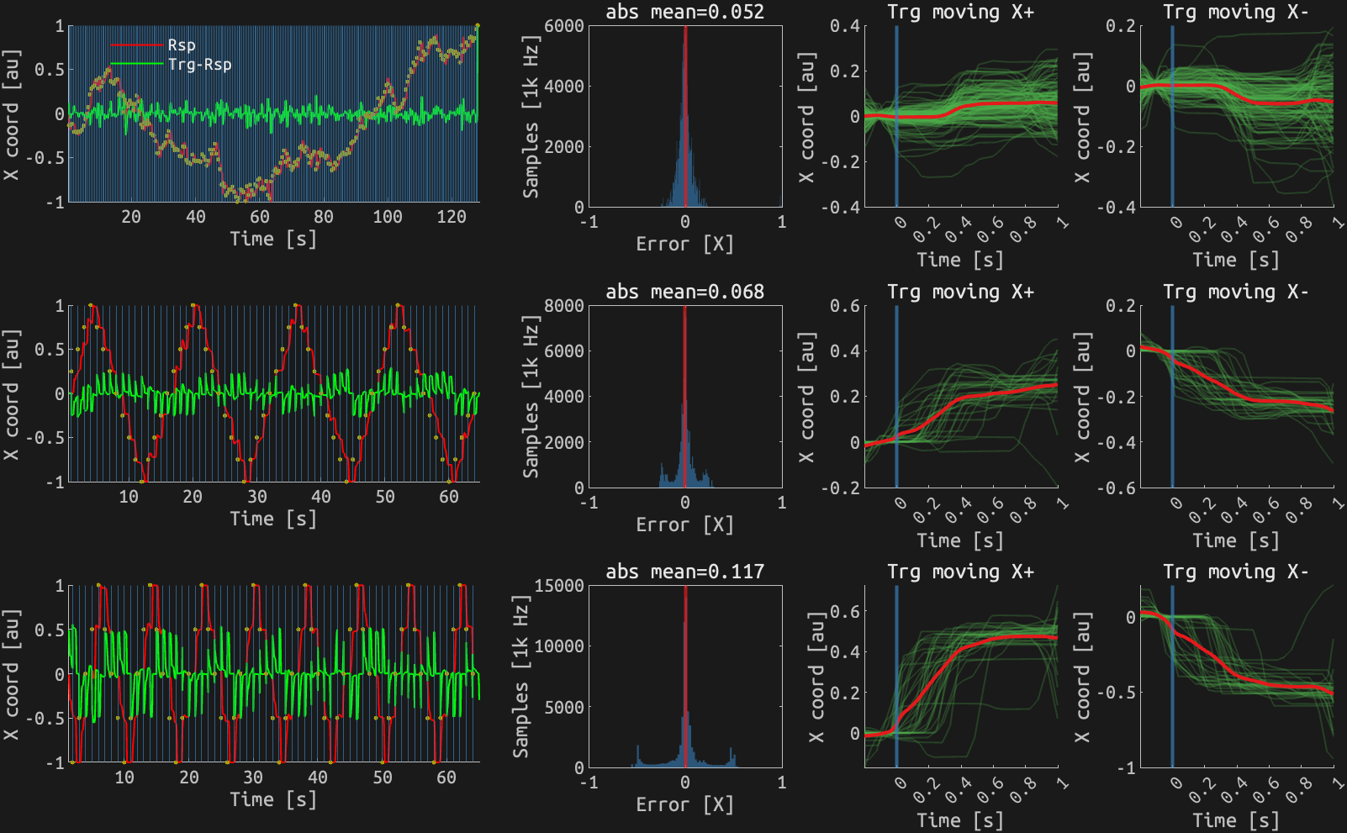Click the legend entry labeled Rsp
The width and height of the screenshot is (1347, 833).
click(181, 45)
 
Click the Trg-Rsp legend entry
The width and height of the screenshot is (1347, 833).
click(199, 65)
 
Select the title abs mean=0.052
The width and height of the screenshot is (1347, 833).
click(684, 12)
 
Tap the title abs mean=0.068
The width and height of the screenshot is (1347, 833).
click(684, 292)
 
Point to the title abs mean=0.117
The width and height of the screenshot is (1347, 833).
click(684, 572)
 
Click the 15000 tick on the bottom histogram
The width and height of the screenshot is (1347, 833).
click(559, 586)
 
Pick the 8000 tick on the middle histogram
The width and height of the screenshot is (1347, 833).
click(563, 306)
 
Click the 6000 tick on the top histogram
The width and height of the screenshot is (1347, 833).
click(563, 26)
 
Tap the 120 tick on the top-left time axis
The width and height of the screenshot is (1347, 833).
click(452, 217)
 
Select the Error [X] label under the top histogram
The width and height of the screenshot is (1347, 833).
click(684, 244)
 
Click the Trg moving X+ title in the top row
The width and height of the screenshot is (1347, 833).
click(960, 12)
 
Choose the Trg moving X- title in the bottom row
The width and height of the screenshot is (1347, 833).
click(1236, 572)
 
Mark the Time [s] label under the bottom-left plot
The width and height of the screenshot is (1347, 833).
click(274, 799)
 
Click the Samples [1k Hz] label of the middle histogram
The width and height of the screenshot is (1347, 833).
click(531, 397)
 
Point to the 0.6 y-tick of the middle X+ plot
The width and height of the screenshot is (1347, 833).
click(844, 306)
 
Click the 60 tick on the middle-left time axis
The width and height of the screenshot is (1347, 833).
click(449, 497)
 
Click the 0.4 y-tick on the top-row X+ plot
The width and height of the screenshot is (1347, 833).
click(844, 26)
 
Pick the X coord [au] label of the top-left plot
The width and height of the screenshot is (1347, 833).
click(11, 114)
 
